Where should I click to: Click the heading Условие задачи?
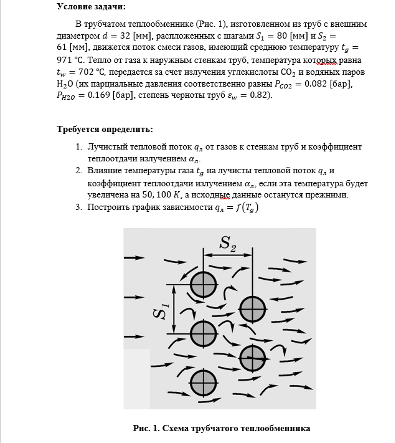click(x=90, y=7)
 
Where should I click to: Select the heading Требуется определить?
click(x=105, y=130)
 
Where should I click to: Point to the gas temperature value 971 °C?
click(x=70, y=62)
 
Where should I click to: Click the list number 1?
click(x=79, y=147)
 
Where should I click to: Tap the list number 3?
click(x=79, y=207)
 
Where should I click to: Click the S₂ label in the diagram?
click(x=228, y=243)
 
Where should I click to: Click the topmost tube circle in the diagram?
click(x=202, y=285)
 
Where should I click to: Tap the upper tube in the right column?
click(x=252, y=308)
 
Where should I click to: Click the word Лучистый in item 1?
click(x=108, y=147)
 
